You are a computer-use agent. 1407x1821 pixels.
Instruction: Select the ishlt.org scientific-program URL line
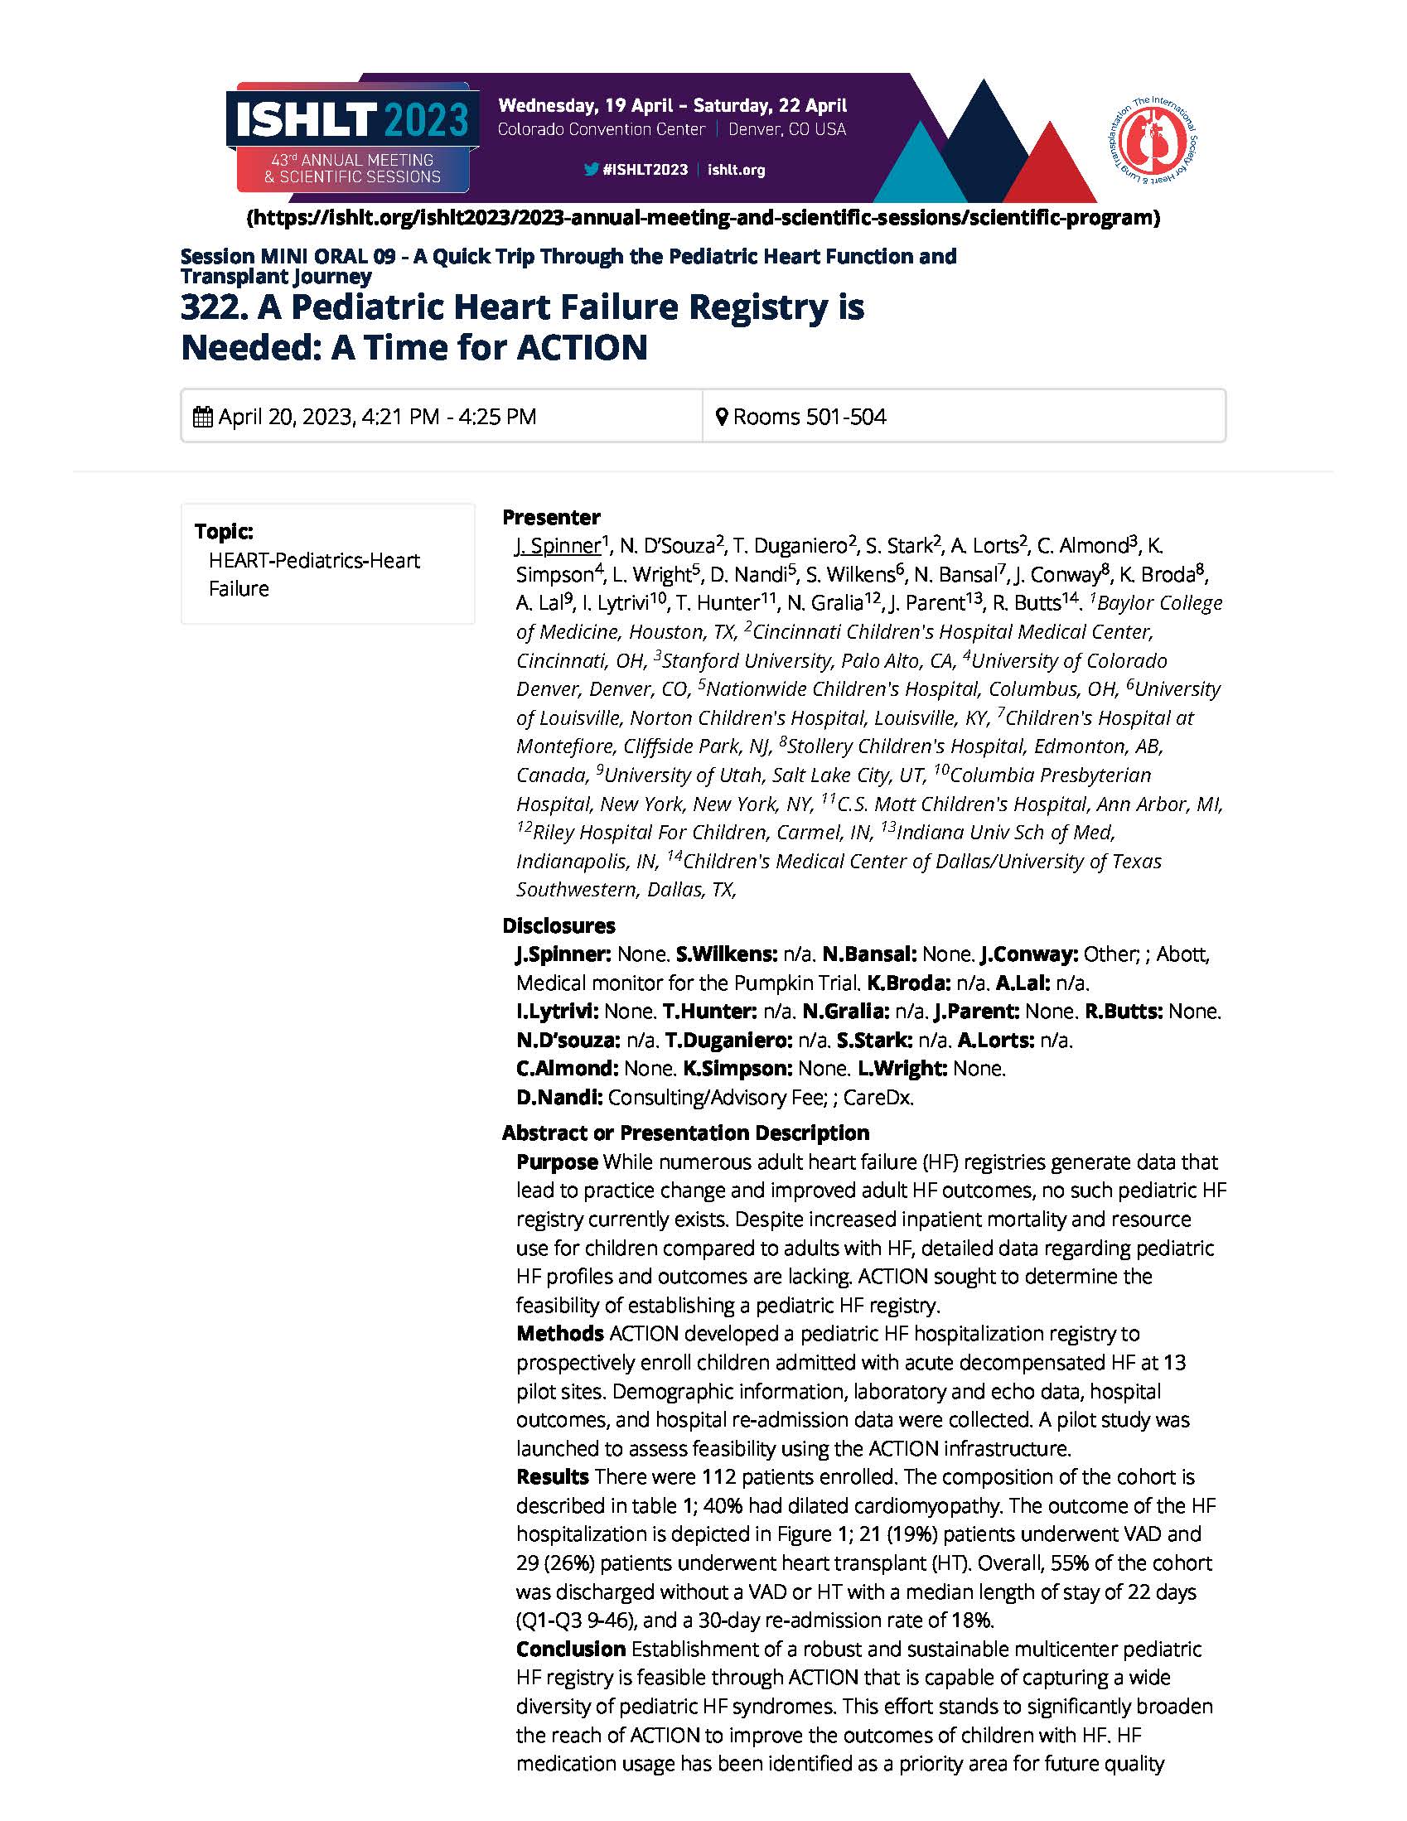pyautogui.click(x=703, y=219)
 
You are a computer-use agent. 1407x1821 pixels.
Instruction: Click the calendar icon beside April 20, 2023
pyautogui.click(x=203, y=416)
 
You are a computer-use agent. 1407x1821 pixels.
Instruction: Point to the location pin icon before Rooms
pyautogui.click(x=723, y=416)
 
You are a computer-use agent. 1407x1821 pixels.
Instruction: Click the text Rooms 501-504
pyautogui.click(x=809, y=416)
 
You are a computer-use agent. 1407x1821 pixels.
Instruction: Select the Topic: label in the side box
pyautogui.click(x=224, y=531)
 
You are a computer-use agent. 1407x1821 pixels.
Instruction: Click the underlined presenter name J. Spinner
pyautogui.click(x=557, y=545)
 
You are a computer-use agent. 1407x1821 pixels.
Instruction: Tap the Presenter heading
pyautogui.click(x=550, y=517)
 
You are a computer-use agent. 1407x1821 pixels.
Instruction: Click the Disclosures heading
pyautogui.click(x=558, y=925)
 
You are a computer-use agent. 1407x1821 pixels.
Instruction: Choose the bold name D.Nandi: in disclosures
pyautogui.click(x=558, y=1097)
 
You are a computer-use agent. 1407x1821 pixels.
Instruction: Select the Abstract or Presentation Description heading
pyautogui.click(x=684, y=1133)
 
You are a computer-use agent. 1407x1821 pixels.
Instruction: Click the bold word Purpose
pyautogui.click(x=556, y=1162)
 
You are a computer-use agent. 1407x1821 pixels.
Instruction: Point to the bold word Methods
pyautogui.click(x=559, y=1333)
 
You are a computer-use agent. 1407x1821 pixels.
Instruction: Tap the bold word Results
pyautogui.click(x=552, y=1476)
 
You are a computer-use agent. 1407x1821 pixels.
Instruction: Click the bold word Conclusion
pyautogui.click(x=570, y=1649)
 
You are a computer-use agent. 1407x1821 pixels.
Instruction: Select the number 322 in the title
pyautogui.click(x=209, y=307)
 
